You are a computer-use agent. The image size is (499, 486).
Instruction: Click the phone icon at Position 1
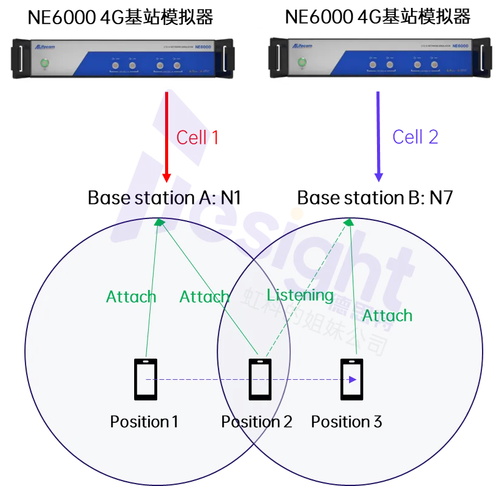coord(145,379)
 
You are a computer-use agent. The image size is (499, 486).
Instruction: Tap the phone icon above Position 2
coord(260,379)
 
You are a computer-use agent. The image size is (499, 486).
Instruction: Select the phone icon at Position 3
coord(351,379)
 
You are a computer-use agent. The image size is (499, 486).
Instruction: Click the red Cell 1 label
coord(197,138)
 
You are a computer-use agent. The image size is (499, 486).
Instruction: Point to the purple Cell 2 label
coord(416,137)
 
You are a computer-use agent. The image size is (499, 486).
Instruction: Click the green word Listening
coord(300,295)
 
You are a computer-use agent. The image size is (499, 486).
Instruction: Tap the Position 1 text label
coord(144,422)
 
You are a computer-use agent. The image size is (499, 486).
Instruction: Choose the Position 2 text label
coord(257,422)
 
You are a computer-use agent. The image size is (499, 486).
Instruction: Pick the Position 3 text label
coord(347,422)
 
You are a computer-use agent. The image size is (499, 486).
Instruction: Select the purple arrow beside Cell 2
coord(379,137)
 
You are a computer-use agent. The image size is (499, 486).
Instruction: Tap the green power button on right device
coord(302,62)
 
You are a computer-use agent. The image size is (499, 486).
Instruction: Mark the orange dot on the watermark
coord(297,214)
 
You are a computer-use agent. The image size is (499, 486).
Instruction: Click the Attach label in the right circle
coord(387,316)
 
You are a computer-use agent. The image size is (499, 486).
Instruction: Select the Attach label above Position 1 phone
coord(131,297)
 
